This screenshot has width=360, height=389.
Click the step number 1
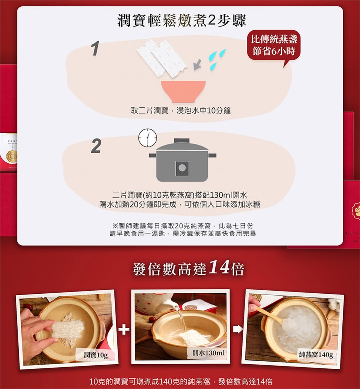(x=95, y=48)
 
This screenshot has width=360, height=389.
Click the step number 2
(x=96, y=146)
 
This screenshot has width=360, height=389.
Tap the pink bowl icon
(x=183, y=91)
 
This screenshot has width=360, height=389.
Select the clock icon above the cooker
(x=147, y=137)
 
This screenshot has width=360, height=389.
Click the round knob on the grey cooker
(x=182, y=168)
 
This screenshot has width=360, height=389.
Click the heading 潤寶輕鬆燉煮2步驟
(x=181, y=21)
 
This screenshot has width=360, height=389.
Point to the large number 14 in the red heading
(x=219, y=267)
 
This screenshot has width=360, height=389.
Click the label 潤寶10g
(x=96, y=355)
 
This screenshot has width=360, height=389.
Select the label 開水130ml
(x=208, y=353)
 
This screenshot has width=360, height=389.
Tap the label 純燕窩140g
(x=316, y=354)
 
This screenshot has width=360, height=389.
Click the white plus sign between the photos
(x=124, y=329)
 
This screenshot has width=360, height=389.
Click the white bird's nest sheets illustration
(x=161, y=58)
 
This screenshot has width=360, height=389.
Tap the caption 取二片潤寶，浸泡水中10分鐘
(x=181, y=111)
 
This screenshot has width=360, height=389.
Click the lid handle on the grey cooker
(x=182, y=141)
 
